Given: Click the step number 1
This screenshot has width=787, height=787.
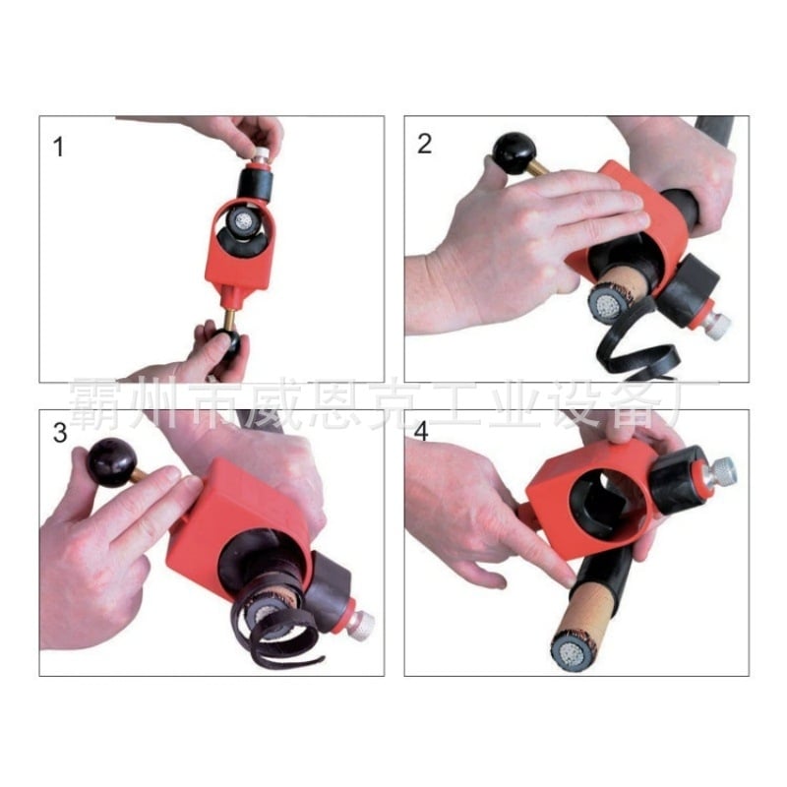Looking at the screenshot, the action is pos(59,147).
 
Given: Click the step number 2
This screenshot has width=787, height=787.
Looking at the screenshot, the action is pos(424,144).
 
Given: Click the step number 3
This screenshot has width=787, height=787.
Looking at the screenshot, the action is pos(60,433).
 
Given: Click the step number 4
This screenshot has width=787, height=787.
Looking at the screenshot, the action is pos(421,432).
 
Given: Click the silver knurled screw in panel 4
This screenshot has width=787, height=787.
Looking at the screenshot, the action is pos(720,475).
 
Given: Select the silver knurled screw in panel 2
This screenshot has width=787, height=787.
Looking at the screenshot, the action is pos(715,325).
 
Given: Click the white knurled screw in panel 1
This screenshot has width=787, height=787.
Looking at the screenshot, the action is pos(260,154).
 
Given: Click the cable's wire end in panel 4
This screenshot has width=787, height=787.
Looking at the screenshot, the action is pos(570,655).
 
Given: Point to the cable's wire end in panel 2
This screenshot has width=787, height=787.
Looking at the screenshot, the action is pos(608,304).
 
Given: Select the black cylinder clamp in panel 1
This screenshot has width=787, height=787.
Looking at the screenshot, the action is pos(255,185).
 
